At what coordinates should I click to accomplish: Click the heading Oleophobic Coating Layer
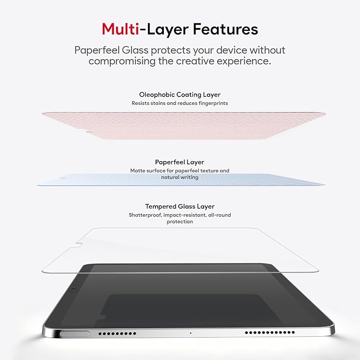tap(180, 94)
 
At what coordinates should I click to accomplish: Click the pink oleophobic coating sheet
tap(180, 125)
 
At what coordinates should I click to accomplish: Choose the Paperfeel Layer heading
tap(180, 162)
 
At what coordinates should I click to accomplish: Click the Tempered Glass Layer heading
tap(180, 206)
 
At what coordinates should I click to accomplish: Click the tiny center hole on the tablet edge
tap(190, 333)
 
